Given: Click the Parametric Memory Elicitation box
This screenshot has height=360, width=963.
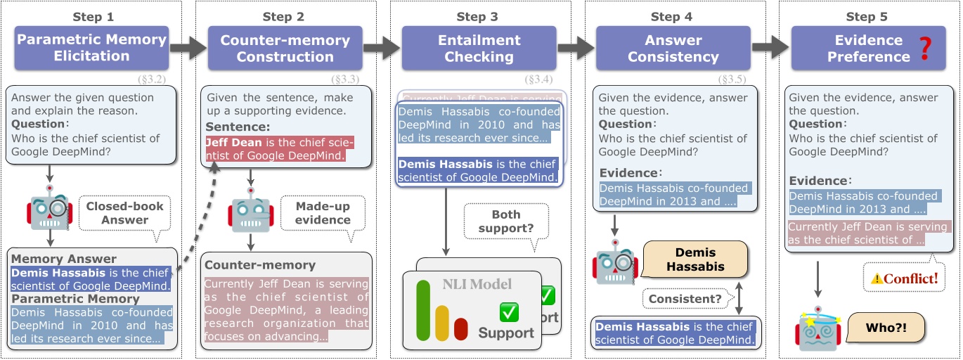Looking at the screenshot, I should (x=91, y=48).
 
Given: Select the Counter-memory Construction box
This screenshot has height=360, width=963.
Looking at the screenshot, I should (x=285, y=48).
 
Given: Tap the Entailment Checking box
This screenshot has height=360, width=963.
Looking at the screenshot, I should (x=479, y=48).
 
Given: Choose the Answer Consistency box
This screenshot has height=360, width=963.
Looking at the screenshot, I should (x=673, y=48).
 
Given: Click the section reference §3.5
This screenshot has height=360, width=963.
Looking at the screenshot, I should (x=732, y=79).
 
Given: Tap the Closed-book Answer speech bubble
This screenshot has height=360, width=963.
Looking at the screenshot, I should (x=124, y=213).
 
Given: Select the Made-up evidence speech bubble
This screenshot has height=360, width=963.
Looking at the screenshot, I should (x=323, y=213).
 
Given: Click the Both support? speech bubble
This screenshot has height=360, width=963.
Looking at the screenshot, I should (x=505, y=221).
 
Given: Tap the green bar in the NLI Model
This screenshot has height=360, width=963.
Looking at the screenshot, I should (x=422, y=309).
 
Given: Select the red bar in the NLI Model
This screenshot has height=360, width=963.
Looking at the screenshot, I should (x=461, y=328).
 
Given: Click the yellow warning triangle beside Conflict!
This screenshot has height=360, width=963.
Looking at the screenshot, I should (x=877, y=279).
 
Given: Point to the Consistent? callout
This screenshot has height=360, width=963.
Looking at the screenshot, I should (x=685, y=299).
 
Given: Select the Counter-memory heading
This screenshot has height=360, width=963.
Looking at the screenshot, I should (x=259, y=265).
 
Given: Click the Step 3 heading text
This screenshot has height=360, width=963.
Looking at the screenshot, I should (x=478, y=17).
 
